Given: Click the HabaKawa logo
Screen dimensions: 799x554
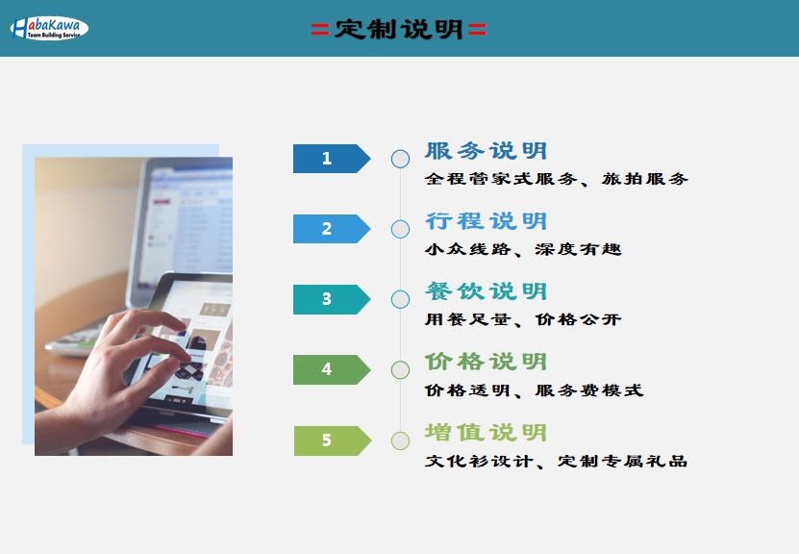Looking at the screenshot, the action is [49, 28].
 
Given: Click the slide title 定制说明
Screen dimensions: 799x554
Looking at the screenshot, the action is [398, 29].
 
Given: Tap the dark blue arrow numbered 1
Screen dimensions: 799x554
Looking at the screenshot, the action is [332, 159].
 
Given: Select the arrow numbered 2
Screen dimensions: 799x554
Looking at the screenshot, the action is [332, 229].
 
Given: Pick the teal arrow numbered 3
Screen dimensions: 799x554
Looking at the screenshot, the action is [332, 299].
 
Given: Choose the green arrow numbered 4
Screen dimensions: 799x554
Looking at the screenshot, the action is [332, 369].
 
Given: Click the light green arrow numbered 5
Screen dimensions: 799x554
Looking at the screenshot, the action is [333, 441].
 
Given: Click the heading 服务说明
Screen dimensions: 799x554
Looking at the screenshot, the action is [487, 151].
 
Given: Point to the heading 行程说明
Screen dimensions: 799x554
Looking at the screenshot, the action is [487, 221].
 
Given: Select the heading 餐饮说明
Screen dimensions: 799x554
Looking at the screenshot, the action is [487, 291].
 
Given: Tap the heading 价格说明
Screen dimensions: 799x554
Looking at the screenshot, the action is [487, 362].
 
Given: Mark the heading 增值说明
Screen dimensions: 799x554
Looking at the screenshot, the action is [487, 433].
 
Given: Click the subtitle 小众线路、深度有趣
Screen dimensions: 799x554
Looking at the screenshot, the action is [523, 249].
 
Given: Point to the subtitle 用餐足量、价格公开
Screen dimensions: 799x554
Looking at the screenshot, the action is [523, 319].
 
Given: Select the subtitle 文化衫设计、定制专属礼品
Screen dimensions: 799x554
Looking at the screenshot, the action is [556, 462].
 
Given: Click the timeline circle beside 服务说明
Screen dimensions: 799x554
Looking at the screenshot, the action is [400, 150].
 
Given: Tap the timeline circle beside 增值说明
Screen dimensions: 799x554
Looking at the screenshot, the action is [400, 432].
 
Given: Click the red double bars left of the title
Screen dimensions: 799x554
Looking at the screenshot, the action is [320, 30].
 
